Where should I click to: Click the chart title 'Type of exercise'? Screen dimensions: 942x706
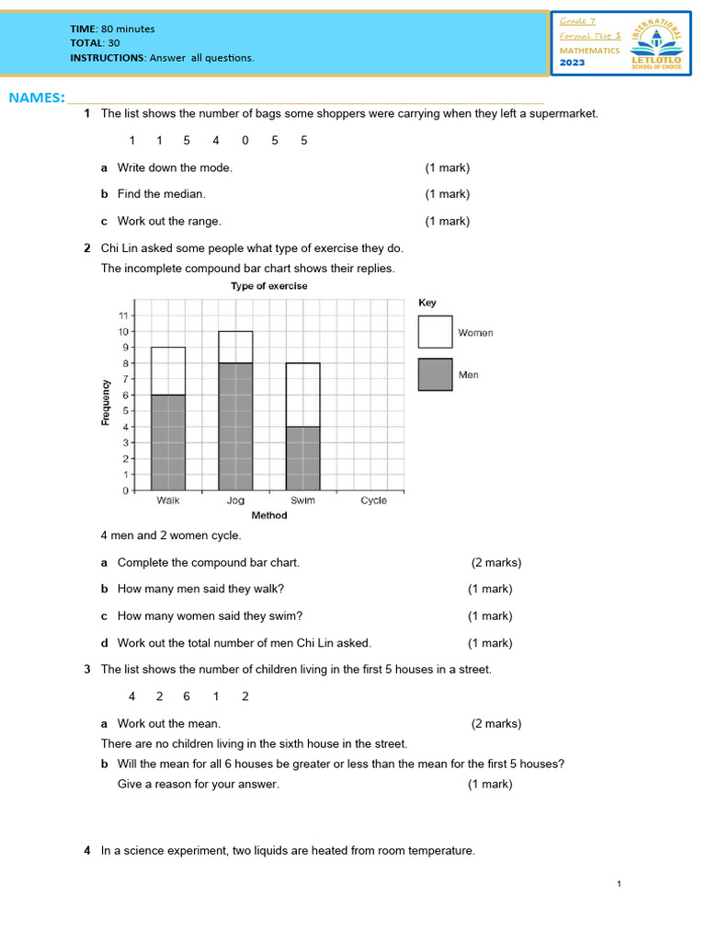pyautogui.click(x=268, y=286)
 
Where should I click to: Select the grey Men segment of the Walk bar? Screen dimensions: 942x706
pyautogui.click(x=168, y=442)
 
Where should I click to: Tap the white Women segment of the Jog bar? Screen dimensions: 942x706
pyautogui.click(x=235, y=347)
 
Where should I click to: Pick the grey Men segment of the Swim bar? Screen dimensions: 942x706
pyautogui.click(x=302, y=458)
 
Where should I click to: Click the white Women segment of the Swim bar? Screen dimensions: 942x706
pyautogui.click(x=302, y=395)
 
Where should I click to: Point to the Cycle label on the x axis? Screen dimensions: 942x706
pyautogui.click(x=373, y=500)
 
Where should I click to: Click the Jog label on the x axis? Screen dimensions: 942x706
pyautogui.click(x=235, y=500)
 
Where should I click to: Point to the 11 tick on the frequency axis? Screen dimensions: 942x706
pyautogui.click(x=121, y=316)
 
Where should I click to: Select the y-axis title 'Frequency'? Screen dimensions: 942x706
pyautogui.click(x=106, y=402)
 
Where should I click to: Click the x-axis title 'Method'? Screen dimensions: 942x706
pyautogui.click(x=269, y=515)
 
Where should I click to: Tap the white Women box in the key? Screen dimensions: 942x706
pyautogui.click(x=435, y=332)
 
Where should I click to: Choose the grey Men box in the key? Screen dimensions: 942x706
pyautogui.click(x=435, y=374)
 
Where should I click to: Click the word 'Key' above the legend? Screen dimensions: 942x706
pyautogui.click(x=427, y=302)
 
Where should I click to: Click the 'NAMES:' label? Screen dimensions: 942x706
pyautogui.click(x=37, y=98)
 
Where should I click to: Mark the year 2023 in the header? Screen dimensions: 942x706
pyautogui.click(x=573, y=63)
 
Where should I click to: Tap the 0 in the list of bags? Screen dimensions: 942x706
pyautogui.click(x=245, y=141)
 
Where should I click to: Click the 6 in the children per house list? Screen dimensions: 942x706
pyautogui.click(x=187, y=696)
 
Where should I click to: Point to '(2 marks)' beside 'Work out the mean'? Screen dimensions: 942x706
pyautogui.click(x=496, y=724)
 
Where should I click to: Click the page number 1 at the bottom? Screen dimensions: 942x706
pyautogui.click(x=620, y=884)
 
